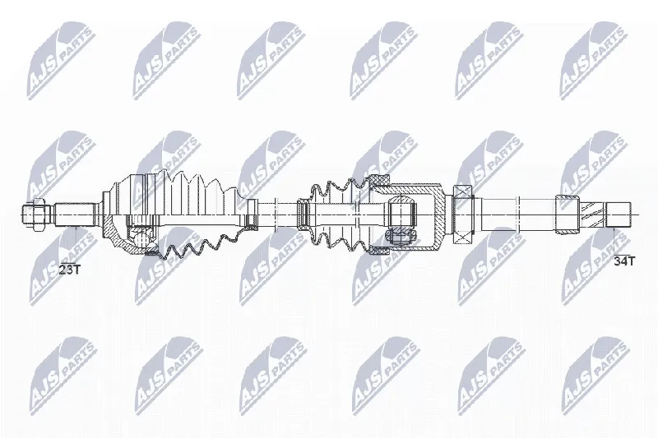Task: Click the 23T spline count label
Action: pyautogui.click(x=69, y=269)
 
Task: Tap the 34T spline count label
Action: pyautogui.click(x=625, y=261)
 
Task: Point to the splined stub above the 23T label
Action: pyautogui.click(x=74, y=215)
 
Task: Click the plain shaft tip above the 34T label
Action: pyautogui.click(x=619, y=214)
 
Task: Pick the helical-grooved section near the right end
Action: pyautogui.click(x=592, y=214)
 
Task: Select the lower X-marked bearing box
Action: pyautogui.click(x=463, y=236)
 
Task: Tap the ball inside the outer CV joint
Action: pyautogui.click(x=141, y=237)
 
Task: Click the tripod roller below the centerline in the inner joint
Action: pyautogui.click(x=402, y=237)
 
